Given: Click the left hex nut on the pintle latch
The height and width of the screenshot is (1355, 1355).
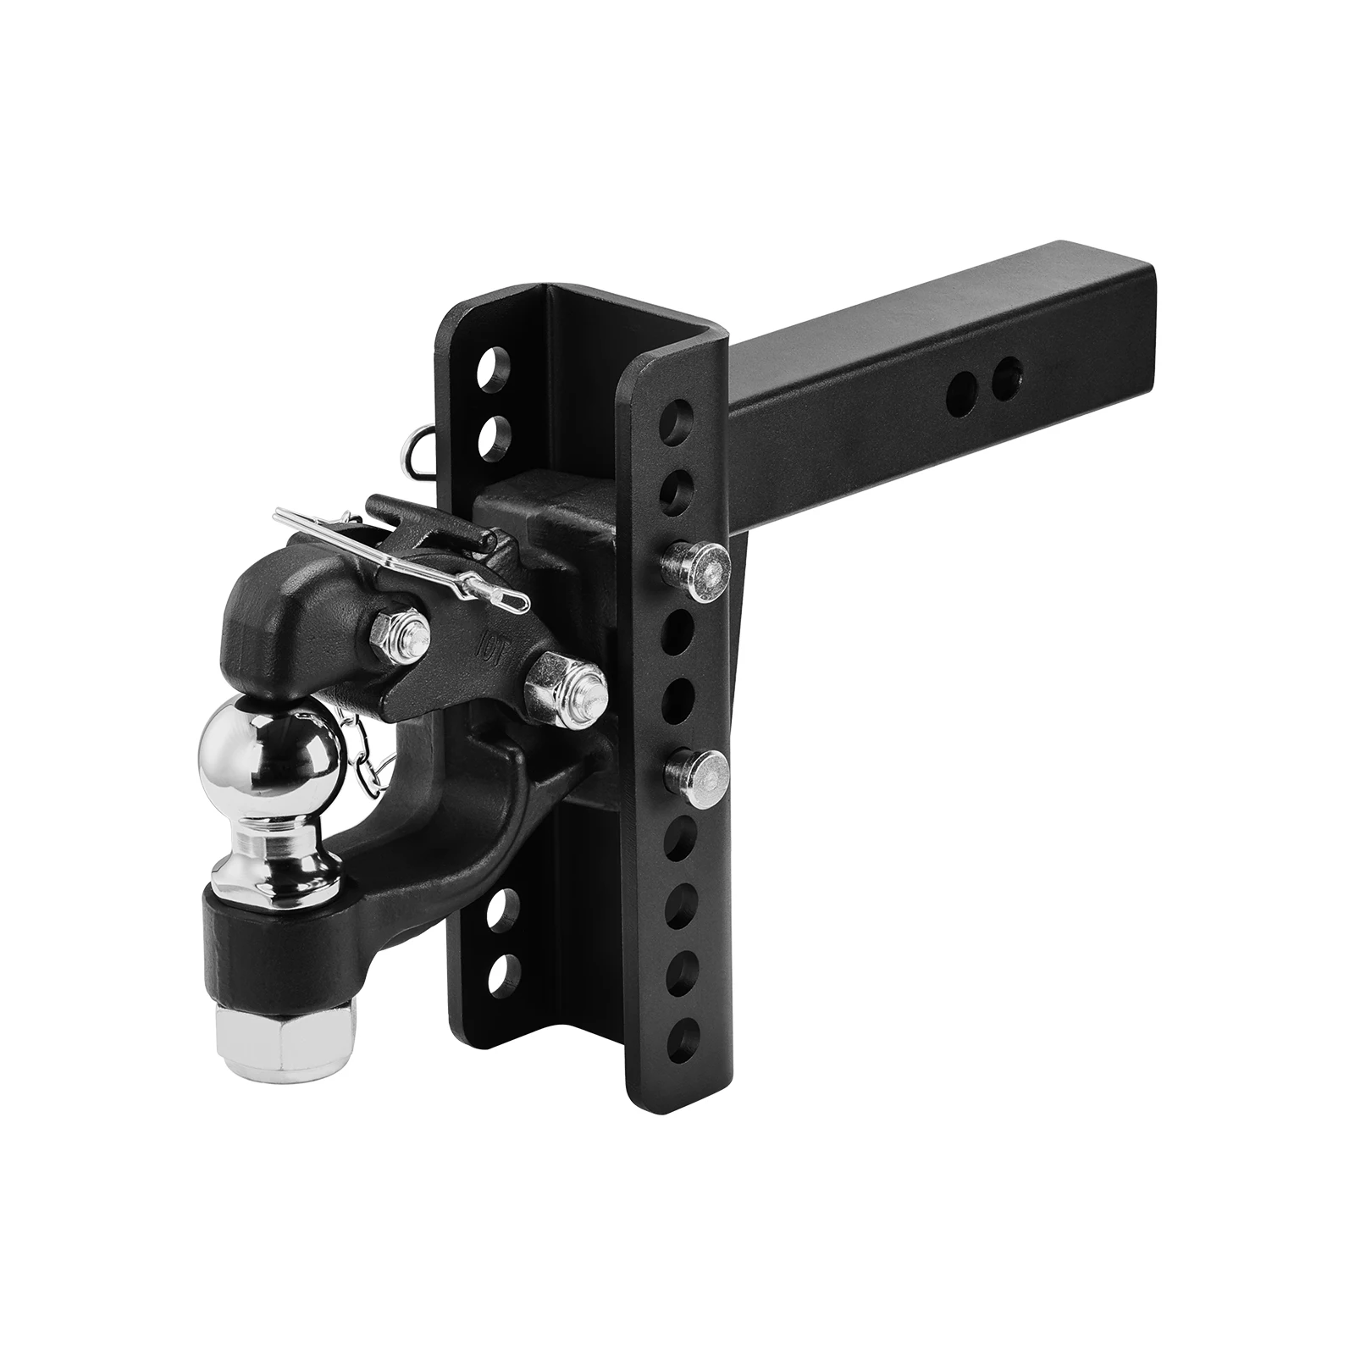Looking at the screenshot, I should [x=395, y=629].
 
